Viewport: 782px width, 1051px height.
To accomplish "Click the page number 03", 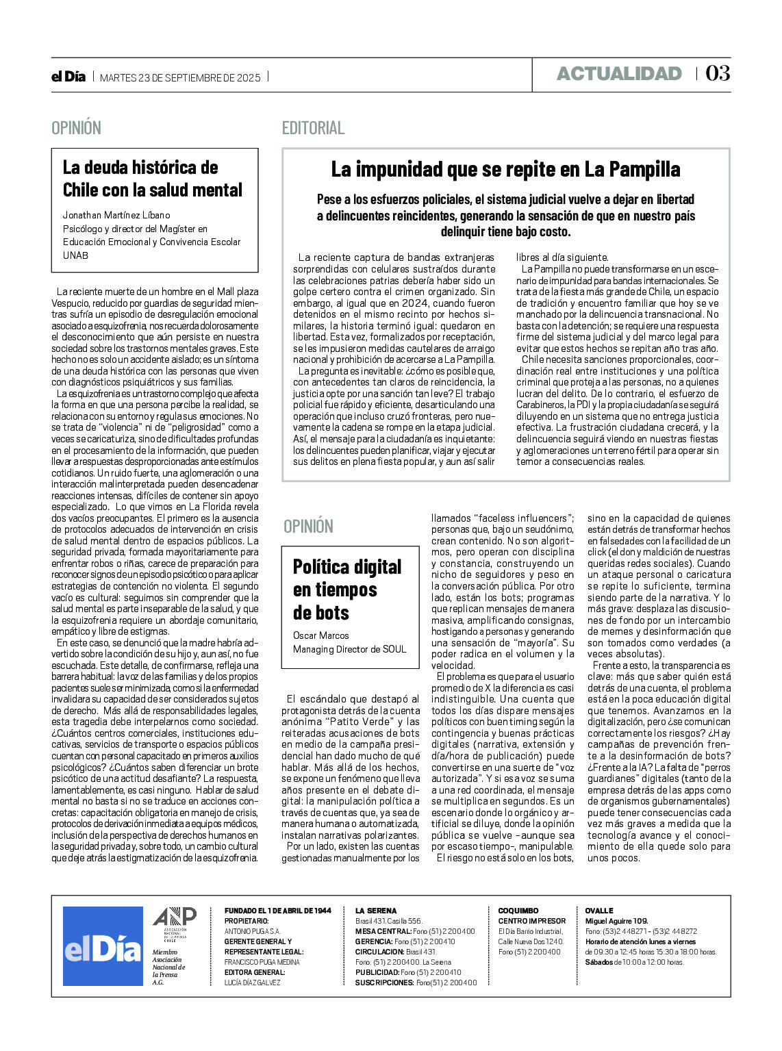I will [718, 73].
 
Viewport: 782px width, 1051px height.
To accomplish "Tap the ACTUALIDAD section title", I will [619, 74].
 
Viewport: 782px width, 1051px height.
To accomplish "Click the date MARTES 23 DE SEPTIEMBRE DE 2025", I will [180, 77].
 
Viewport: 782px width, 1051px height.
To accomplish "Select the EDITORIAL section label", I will [313, 128].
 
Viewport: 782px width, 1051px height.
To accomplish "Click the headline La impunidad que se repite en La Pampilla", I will [505, 169].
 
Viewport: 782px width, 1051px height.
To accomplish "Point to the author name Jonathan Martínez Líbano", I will [116, 215].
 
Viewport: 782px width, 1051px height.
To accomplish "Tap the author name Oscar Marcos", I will [320, 635].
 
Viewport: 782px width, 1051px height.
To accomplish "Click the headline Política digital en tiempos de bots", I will [347, 590].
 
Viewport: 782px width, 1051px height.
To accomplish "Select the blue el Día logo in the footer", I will [103, 946].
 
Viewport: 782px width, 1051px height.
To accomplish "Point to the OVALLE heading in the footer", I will [599, 911].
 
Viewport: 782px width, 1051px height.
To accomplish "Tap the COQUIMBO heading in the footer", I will [518, 911].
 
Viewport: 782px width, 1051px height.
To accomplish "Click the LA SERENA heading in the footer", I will [376, 911].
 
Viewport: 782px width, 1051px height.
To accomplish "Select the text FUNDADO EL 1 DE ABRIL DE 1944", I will [277, 911].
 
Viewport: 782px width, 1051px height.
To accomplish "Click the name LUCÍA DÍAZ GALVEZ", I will [252, 983].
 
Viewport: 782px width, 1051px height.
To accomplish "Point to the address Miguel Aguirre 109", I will [616, 921].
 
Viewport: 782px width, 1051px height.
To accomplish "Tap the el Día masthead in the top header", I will [68, 77].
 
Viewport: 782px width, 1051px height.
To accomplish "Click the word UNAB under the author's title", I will [75, 255].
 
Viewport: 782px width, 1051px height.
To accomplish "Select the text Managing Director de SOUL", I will [349, 649].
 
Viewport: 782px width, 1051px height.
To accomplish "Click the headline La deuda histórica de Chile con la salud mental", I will [152, 179].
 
